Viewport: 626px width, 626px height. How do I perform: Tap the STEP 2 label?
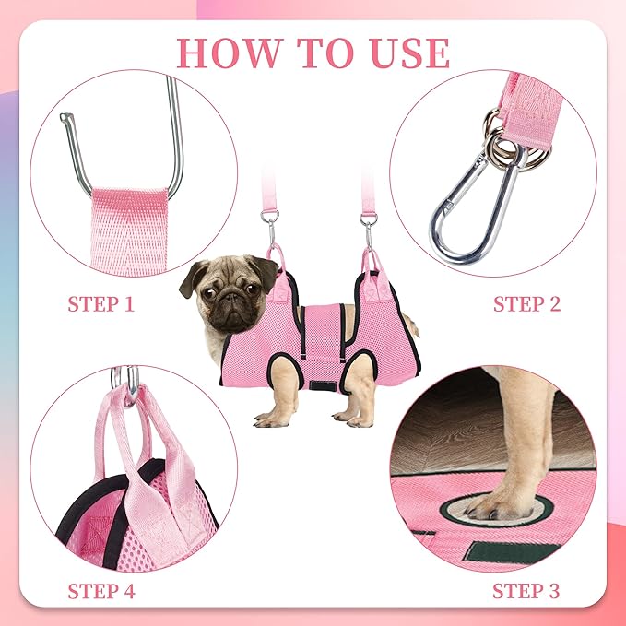point(526,304)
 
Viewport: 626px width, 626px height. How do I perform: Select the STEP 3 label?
point(526,590)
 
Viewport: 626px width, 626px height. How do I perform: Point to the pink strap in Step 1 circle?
point(129,230)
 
